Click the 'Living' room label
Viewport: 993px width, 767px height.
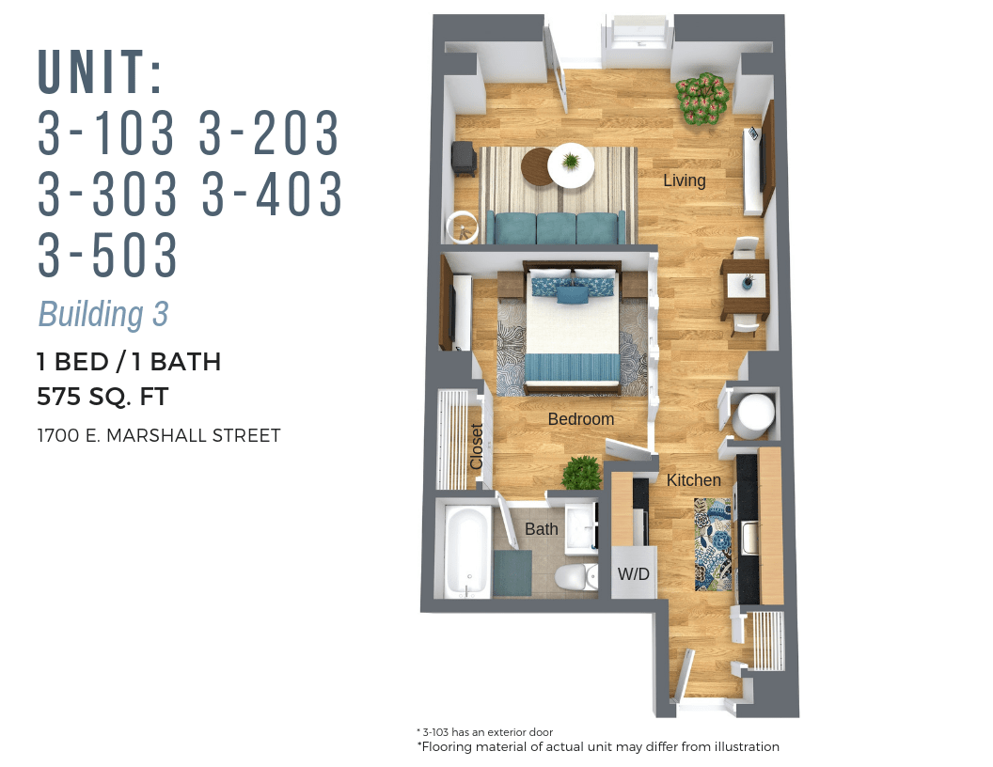coord(684,180)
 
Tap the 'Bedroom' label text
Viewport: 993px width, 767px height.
coord(580,419)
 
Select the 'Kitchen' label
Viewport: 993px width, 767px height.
coord(693,480)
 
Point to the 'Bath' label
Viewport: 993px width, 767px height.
coord(541,529)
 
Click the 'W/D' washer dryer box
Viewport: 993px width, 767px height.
coord(633,573)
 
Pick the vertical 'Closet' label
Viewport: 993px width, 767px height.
coord(477,446)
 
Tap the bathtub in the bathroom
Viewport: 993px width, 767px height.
coord(465,552)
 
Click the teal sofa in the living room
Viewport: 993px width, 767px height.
coord(557,227)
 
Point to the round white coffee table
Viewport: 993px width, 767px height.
coord(571,165)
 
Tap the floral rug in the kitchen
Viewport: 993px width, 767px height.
coord(712,543)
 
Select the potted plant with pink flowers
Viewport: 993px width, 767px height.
coord(702,97)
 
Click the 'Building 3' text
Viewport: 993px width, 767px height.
coord(102,314)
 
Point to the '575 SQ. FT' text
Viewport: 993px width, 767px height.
coord(102,397)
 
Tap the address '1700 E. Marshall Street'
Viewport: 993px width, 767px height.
coord(158,436)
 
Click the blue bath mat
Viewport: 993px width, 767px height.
coord(512,572)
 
